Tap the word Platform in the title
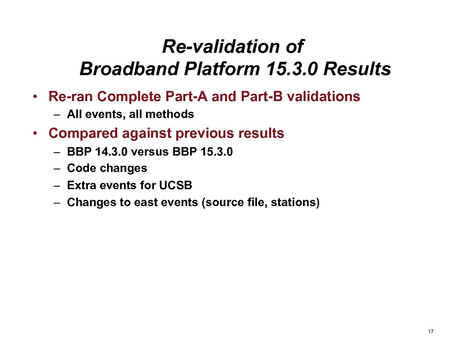click(222, 68)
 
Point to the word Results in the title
click(357, 68)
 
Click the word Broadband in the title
click(129, 68)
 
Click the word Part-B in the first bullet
click(262, 97)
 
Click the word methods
click(173, 114)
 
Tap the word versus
click(150, 152)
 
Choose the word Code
click(80, 168)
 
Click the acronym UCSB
click(176, 185)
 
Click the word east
click(145, 203)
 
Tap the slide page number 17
click(431, 332)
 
